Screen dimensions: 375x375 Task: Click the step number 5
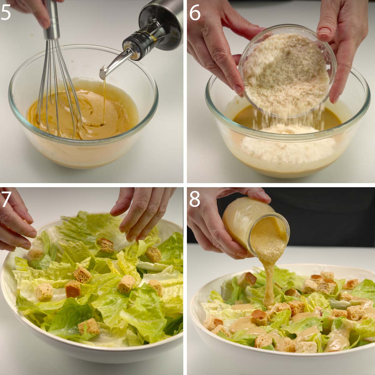point(6,12)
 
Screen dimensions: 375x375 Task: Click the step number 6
point(195,13)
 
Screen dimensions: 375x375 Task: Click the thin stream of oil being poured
point(104,101)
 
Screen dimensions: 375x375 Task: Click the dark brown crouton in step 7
point(73,289)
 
